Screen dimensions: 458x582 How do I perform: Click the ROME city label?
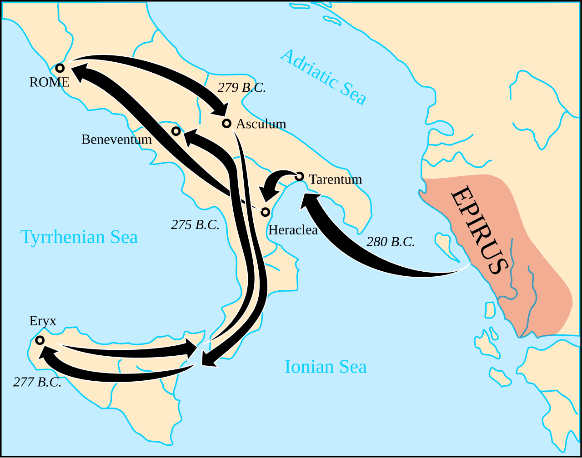49,82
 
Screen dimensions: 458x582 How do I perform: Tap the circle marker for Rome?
60,68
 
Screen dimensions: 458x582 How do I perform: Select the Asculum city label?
261,124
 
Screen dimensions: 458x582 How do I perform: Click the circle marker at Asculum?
226,123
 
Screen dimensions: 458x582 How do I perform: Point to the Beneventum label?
116,139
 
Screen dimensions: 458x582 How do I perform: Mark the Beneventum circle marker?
176,131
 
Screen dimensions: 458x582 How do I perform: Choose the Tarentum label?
336,179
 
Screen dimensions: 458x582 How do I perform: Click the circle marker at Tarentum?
299,176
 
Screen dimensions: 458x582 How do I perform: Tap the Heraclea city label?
293,230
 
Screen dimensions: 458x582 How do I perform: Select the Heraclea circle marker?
265,212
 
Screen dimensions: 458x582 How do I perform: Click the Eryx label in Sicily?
43,321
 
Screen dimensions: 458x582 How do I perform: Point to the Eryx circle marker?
40,340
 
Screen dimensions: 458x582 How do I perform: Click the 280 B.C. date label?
391,242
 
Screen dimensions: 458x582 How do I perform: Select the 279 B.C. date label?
241,88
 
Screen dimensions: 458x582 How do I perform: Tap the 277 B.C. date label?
37,382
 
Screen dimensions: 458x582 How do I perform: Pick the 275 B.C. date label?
195,224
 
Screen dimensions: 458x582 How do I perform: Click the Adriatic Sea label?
323,76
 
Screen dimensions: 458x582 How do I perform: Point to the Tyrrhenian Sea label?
79,237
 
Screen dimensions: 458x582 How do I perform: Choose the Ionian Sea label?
326,367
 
